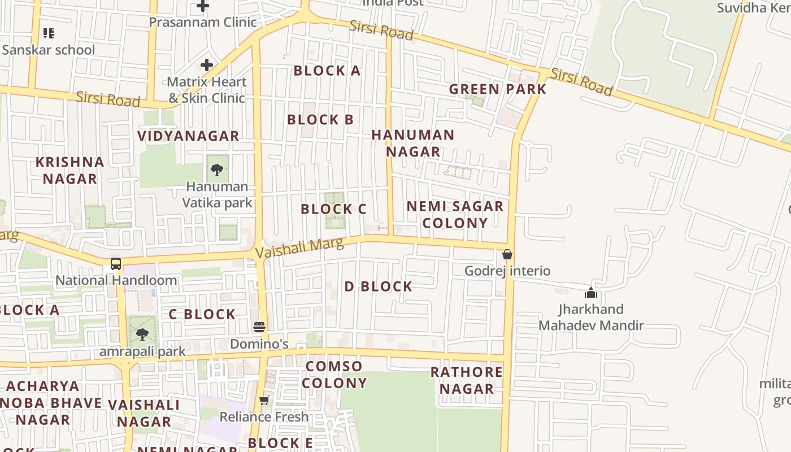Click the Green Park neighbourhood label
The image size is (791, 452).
497,89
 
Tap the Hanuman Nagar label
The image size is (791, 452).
413,143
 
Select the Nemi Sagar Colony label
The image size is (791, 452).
455,214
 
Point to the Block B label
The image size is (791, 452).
320,120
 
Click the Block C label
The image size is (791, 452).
333,209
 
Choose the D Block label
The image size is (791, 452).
378,286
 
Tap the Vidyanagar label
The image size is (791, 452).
188,136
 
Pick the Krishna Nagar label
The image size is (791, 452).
70,170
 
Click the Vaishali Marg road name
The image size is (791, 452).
299,247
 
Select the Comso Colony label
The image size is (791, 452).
334,375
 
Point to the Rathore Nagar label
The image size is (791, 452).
466,380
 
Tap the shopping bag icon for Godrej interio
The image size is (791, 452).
507,254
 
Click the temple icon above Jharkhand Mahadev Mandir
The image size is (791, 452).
591,293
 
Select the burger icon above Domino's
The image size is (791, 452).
259,327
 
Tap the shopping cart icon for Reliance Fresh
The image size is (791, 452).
264,401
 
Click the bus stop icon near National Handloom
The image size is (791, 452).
116,263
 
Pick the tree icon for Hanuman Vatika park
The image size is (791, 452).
217,169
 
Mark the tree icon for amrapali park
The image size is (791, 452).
142,334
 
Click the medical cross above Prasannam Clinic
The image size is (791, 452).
203,6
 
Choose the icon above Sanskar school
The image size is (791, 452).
49,33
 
